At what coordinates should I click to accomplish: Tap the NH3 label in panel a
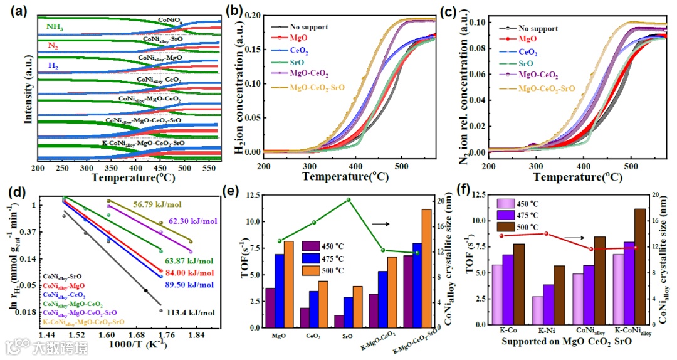(x=55, y=27)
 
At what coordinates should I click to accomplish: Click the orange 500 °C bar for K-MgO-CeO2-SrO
(x=426, y=268)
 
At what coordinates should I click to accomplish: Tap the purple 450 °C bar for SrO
(x=339, y=320)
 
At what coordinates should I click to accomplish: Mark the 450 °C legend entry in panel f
(x=521, y=204)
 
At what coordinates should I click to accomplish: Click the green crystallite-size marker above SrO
(x=349, y=200)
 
